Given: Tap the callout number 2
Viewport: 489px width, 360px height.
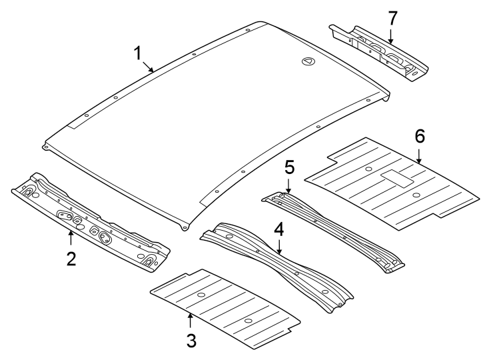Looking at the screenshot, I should pos(71,258).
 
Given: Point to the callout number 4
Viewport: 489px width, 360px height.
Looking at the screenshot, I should pos(279,229).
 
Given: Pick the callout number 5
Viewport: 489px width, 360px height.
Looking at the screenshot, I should pos(289,167).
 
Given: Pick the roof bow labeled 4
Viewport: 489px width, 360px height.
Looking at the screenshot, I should pos(276,267).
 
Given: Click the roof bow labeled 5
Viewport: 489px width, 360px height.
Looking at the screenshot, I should pos(333,230).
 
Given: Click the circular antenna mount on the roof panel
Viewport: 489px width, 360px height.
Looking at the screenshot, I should pos(307,61).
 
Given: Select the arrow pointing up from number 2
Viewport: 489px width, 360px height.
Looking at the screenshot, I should pos(71,237).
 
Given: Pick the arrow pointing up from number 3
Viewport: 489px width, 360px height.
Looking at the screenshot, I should pos(191,320).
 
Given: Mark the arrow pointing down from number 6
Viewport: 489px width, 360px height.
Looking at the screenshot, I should pos(419,155).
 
